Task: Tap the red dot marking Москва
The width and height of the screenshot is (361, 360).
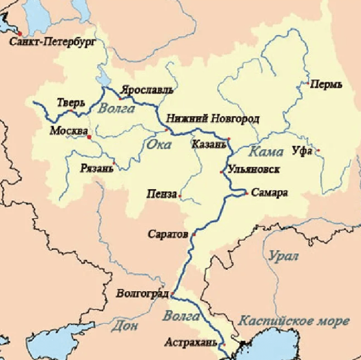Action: click(x=89, y=137)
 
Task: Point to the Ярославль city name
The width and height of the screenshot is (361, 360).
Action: click(x=147, y=89)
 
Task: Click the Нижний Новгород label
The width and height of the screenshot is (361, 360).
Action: click(x=212, y=119)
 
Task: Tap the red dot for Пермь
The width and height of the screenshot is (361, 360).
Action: click(x=307, y=83)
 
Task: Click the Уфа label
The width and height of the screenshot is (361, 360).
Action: click(x=302, y=151)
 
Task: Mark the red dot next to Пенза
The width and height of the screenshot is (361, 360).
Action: click(x=180, y=196)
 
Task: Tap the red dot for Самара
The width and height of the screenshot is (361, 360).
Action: click(x=246, y=193)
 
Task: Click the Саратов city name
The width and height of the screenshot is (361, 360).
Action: click(x=168, y=234)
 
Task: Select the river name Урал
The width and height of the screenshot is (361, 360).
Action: click(x=283, y=256)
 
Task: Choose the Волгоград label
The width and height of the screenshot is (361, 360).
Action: click(x=142, y=293)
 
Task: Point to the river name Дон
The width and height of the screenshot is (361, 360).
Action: click(x=125, y=326)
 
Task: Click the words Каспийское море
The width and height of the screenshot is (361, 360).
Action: click(x=293, y=321)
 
